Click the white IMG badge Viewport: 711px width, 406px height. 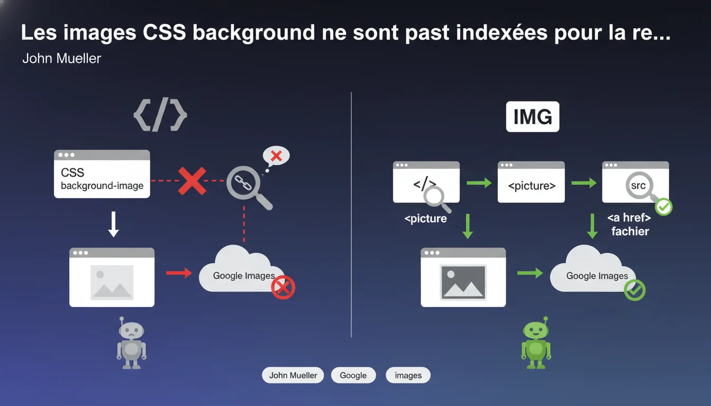[533, 117]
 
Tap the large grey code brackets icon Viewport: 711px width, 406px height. [160, 115]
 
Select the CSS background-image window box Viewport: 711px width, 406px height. [102, 174]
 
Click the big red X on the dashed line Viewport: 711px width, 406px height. [192, 181]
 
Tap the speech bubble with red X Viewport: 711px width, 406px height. [276, 156]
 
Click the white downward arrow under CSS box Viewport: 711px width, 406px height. [113, 224]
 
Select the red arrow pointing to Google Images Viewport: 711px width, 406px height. [179, 273]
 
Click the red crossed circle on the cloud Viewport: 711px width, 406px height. [283, 288]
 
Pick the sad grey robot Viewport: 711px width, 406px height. [131, 343]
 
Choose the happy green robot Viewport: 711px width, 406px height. [536, 343]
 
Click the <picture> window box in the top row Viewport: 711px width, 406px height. [531, 182]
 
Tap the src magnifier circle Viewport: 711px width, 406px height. [638, 185]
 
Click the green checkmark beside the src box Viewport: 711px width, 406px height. [664, 207]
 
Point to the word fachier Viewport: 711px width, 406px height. [630, 232]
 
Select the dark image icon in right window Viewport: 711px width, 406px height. [463, 282]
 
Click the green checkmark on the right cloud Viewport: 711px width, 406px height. [634, 290]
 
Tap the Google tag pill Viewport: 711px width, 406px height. [353, 375]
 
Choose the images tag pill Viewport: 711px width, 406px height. [408, 375]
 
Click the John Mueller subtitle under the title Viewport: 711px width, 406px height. [61, 58]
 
